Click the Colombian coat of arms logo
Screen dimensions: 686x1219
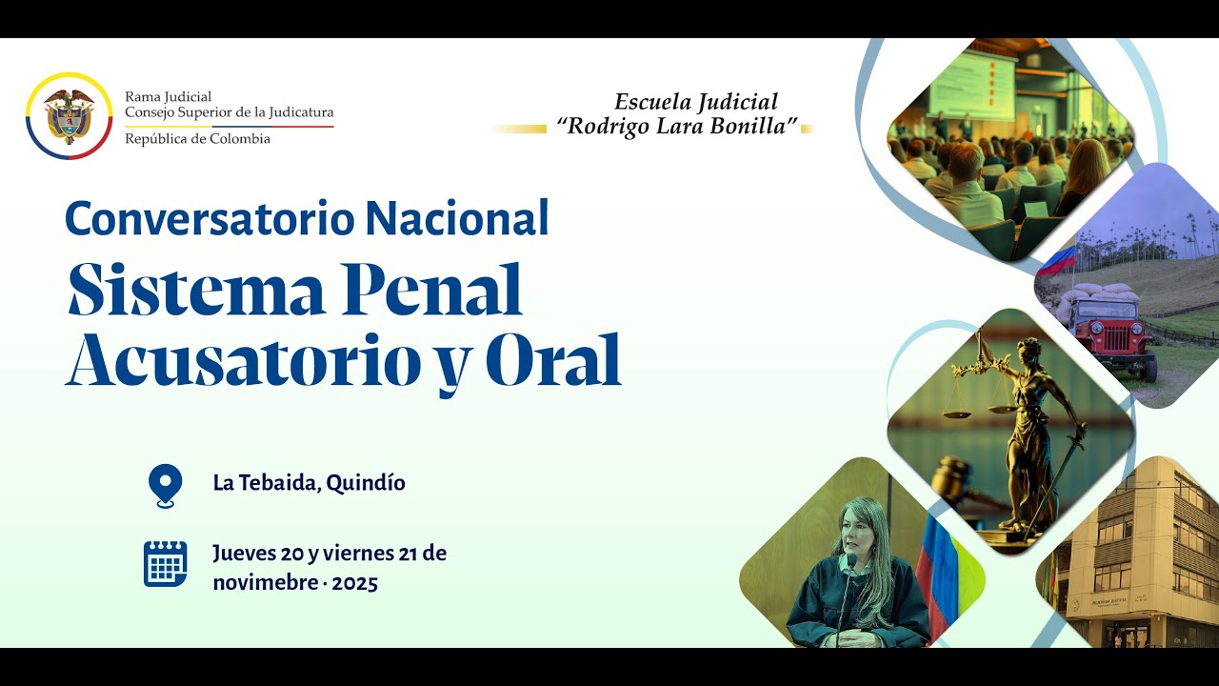pos(70,116)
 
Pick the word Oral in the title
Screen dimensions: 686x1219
pos(553,360)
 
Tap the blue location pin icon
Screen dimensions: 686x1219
pos(166,484)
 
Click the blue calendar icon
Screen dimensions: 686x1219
pos(166,564)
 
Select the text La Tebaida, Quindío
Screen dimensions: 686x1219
pos(309,483)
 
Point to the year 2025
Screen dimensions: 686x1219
pos(355,583)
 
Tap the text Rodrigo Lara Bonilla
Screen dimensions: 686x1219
pos(682,127)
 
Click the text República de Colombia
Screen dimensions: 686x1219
pos(197,139)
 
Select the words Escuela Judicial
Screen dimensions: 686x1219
pos(695,102)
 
